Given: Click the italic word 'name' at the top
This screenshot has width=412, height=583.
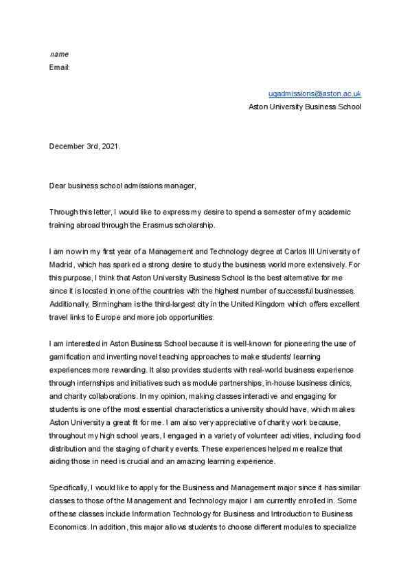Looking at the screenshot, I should tap(59, 54).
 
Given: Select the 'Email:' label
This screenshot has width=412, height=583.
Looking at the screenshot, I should tap(60, 67).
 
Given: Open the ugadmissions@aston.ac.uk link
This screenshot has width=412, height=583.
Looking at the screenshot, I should tap(314, 93).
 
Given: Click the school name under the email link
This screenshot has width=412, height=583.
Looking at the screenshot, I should tap(304, 107).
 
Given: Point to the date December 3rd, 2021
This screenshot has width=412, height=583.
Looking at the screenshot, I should tap(84, 146).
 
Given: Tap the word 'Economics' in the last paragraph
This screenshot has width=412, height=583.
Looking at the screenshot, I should tap(69, 527).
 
